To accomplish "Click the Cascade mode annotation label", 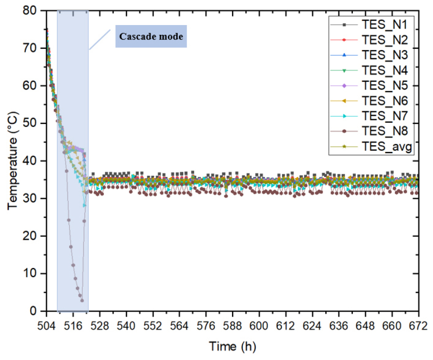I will (151, 37).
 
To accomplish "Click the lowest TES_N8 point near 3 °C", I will (82, 301).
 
